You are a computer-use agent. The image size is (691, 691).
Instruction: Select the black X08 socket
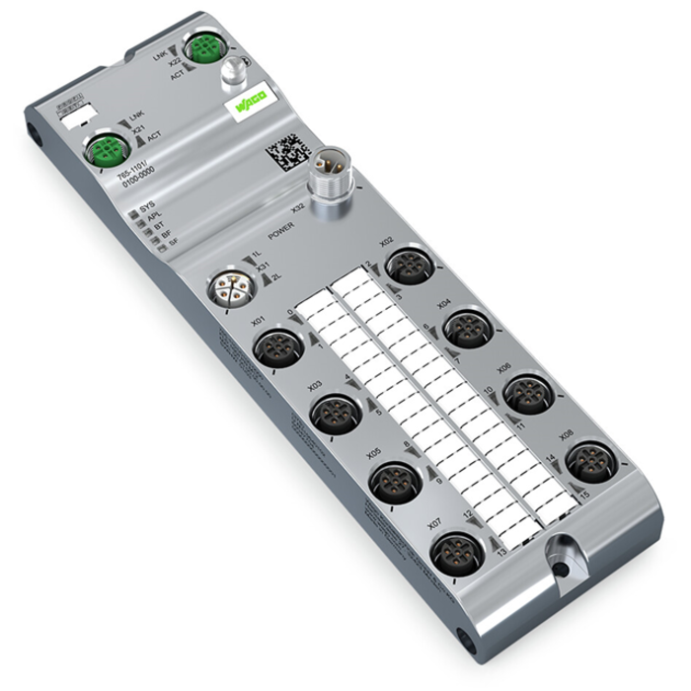click(x=587, y=458)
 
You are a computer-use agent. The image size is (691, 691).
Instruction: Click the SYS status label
click(x=147, y=210)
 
